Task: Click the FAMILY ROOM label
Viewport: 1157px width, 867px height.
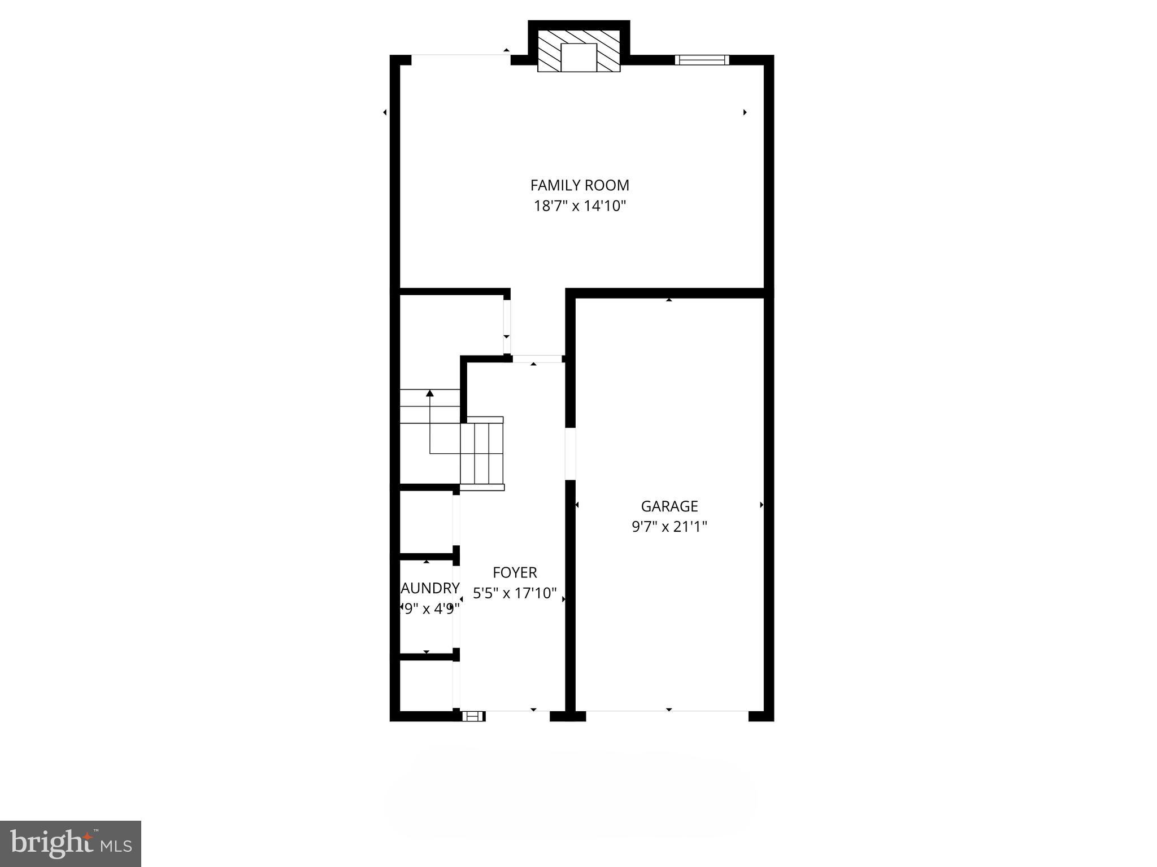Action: tap(580, 185)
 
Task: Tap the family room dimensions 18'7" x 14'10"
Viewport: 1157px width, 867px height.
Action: tap(580, 206)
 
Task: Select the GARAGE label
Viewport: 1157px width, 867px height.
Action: tap(669, 506)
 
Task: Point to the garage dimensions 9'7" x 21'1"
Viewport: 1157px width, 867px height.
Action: tap(669, 527)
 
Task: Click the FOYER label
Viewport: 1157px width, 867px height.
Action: tap(515, 572)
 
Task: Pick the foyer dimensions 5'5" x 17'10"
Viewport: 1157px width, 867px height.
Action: tap(515, 593)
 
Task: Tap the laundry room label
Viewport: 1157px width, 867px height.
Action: tap(429, 588)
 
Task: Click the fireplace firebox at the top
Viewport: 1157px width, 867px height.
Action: tap(578, 57)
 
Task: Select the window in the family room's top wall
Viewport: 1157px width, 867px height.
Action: tap(702, 60)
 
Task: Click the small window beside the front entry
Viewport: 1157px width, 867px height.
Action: tap(473, 716)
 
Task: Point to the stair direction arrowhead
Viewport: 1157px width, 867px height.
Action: tap(430, 393)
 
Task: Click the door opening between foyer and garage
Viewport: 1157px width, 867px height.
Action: tap(571, 454)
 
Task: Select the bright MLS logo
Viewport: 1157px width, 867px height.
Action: tap(71, 844)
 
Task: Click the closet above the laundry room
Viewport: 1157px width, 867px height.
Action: tap(426, 522)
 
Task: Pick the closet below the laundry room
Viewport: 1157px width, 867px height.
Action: tap(426, 685)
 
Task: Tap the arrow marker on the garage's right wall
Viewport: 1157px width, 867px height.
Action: tap(761, 505)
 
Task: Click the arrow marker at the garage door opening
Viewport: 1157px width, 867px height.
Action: tap(669, 710)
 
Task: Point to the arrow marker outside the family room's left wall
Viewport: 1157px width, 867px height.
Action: tap(385, 112)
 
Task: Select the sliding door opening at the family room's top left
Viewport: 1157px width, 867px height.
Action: tap(460, 55)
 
